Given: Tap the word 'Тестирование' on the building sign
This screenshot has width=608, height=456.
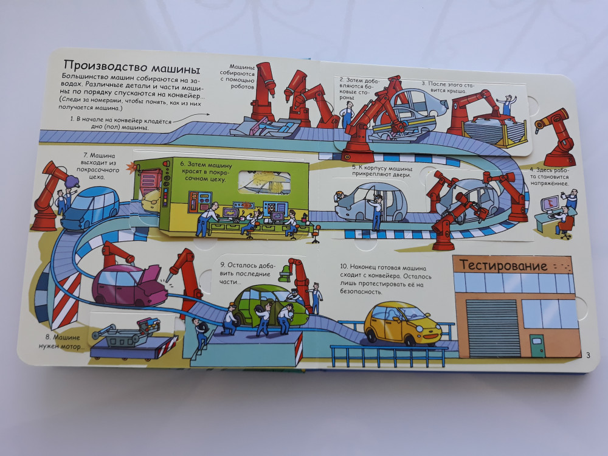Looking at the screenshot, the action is point(503,266).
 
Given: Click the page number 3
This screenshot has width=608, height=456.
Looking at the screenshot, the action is point(588,355).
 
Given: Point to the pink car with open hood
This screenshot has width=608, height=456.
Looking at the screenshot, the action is point(130,285).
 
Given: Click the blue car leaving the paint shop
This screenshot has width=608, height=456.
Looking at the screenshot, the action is point(90,208).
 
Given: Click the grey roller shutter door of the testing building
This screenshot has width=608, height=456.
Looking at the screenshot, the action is point(493,328).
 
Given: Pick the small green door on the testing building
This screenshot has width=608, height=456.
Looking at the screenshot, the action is point(537,345).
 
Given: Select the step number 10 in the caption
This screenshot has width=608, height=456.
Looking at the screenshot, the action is point(344,267).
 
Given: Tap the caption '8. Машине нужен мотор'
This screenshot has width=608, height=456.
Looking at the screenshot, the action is point(61,342).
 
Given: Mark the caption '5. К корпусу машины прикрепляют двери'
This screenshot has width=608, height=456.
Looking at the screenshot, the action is point(382,171).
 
